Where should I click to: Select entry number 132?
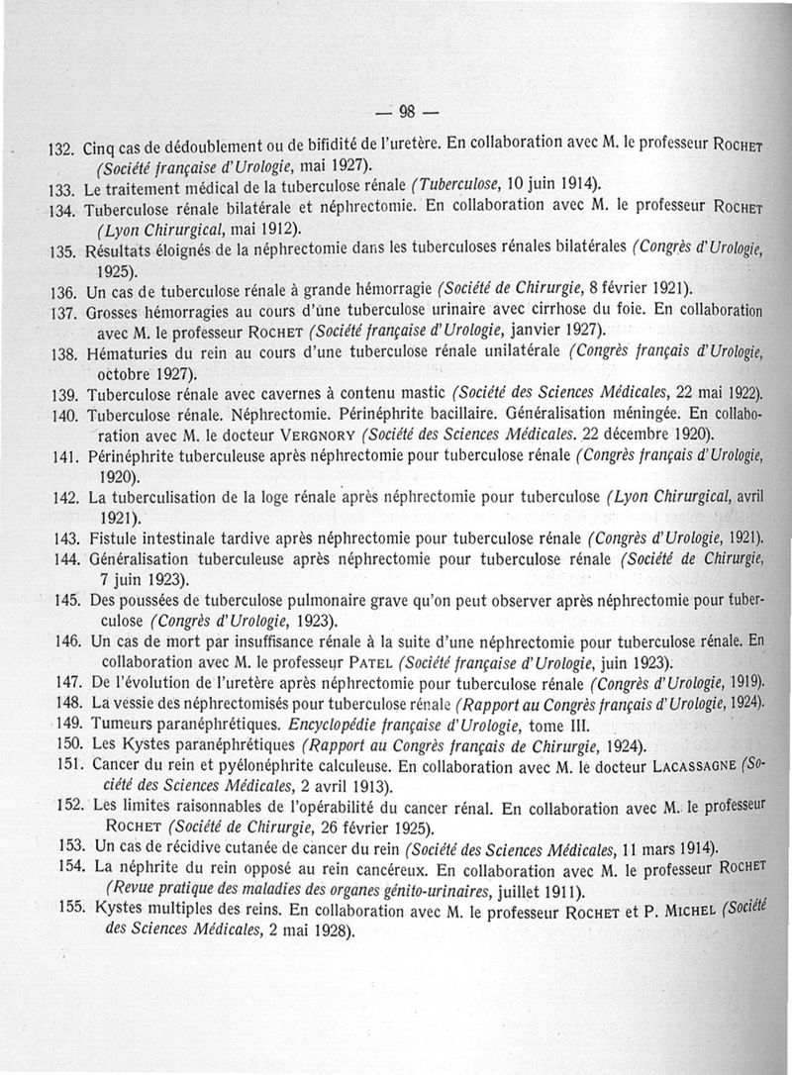click(x=62, y=147)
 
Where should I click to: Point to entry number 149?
click(x=65, y=725)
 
